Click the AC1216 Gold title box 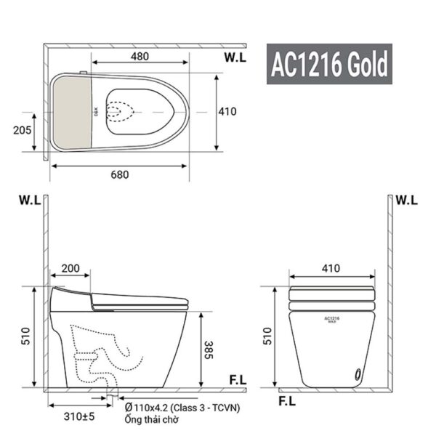click(x=328, y=65)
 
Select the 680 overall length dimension click(x=119, y=174)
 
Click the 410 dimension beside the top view click(x=227, y=112)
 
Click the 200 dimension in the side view click(x=70, y=268)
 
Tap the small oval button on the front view click(x=356, y=374)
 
